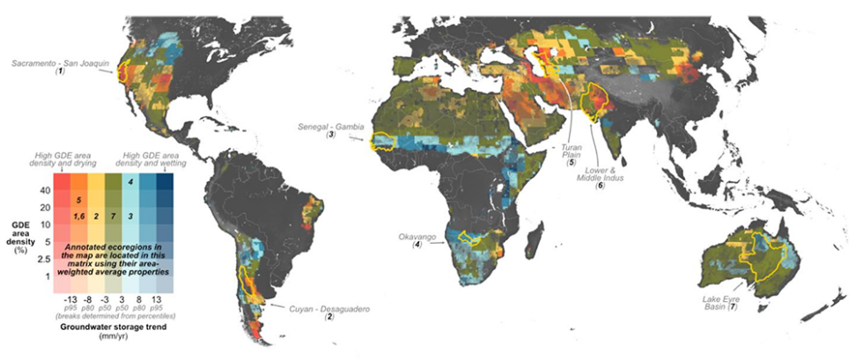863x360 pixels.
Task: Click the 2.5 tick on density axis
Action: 41,260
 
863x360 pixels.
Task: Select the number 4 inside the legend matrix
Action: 130,182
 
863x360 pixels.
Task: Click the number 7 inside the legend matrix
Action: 113,216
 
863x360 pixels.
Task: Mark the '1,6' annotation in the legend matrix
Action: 79,216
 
